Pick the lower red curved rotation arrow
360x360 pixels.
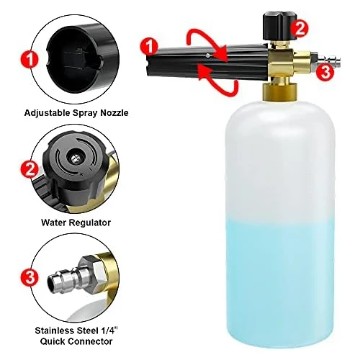tap(217, 84)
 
